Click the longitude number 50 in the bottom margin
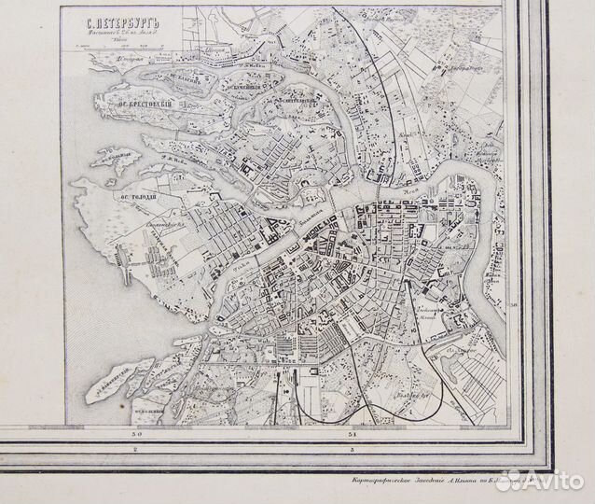136,434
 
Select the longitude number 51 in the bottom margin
353,434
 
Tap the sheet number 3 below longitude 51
353,451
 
